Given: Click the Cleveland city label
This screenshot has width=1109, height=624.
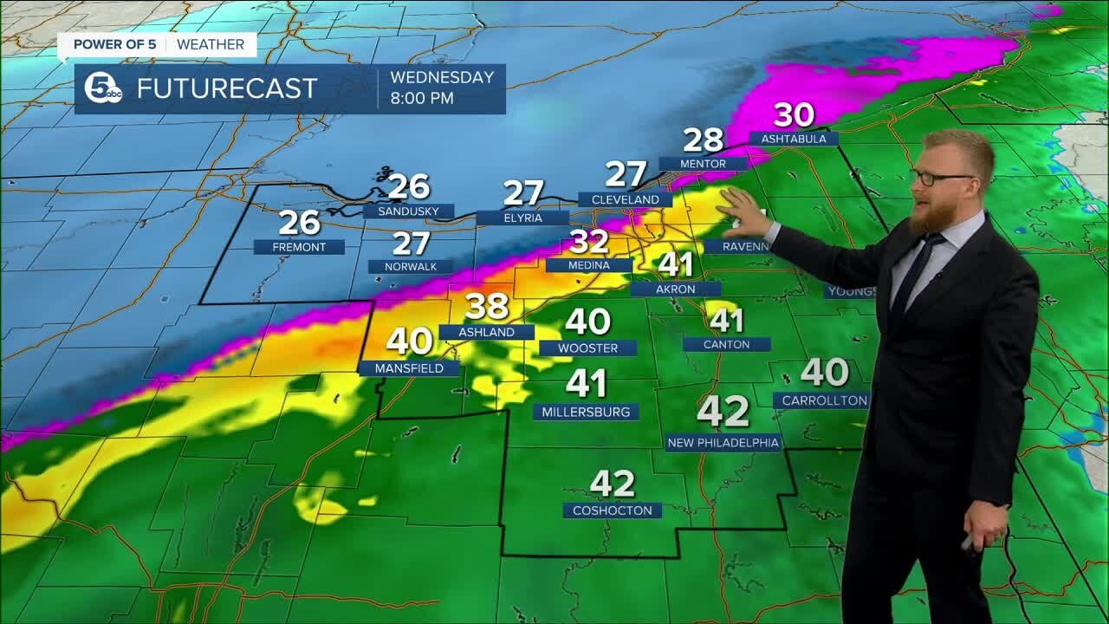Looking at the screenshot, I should tap(625, 199).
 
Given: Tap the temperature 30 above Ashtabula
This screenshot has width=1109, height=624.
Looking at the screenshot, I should tap(794, 115).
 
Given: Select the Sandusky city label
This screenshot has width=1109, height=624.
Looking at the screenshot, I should tap(408, 211).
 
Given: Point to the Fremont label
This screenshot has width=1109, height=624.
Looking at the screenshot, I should tap(299, 247).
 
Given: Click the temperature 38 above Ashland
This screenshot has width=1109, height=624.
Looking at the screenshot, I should tap(487, 307).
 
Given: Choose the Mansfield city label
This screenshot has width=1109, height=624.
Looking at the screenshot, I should tap(409, 368).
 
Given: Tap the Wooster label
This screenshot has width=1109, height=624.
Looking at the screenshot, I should tap(587, 348).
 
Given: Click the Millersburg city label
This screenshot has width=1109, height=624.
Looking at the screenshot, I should tap(586, 412).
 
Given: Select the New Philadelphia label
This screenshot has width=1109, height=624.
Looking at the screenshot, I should tap(723, 443).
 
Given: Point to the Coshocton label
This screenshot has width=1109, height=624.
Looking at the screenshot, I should tap(612, 510).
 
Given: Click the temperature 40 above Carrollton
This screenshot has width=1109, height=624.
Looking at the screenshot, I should tap(824, 373).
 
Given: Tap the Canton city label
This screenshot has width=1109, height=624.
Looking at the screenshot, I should tap(726, 344).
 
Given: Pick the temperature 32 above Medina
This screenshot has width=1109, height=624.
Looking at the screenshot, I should tap(589, 242).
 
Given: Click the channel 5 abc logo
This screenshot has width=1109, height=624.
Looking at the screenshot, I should tap(103, 88).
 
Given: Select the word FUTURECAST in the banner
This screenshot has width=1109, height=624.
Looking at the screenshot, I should tap(227, 88).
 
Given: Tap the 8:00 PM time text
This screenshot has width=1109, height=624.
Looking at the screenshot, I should tap(422, 99).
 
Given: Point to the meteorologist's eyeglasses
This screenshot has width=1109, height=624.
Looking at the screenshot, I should tap(939, 178).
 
